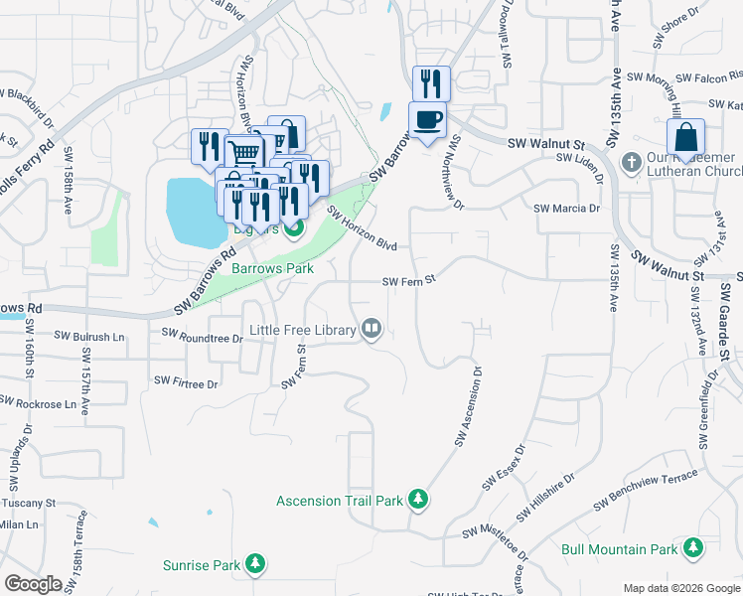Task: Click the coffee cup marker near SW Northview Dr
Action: tap(428, 120)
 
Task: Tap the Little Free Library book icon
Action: tap(372, 329)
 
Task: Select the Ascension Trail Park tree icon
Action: tap(418, 500)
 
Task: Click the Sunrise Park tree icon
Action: tap(256, 565)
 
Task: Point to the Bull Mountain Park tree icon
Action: tap(691, 548)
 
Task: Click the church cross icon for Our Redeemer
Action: tap(629, 161)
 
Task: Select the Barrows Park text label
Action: tap(272, 268)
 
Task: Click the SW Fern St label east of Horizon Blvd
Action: tap(410, 282)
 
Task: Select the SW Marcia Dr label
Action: tap(567, 209)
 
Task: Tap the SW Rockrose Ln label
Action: tap(38, 403)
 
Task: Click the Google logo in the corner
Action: tap(33, 584)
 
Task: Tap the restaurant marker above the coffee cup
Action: tap(431, 82)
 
